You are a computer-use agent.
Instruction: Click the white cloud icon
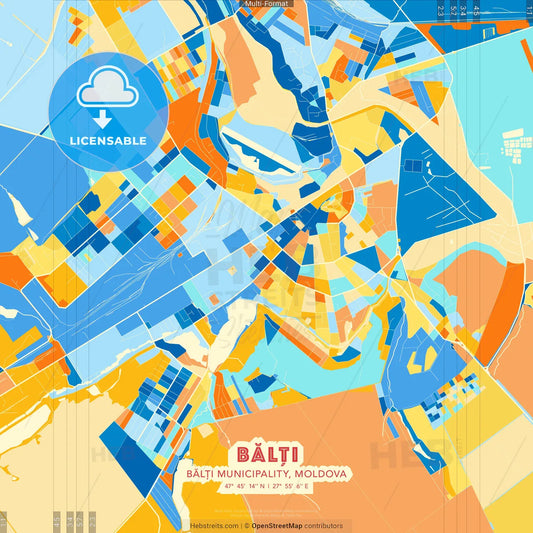108,88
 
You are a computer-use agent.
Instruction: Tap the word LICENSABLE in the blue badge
108,141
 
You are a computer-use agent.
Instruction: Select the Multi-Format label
266,5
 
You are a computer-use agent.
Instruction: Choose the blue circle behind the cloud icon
108,100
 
